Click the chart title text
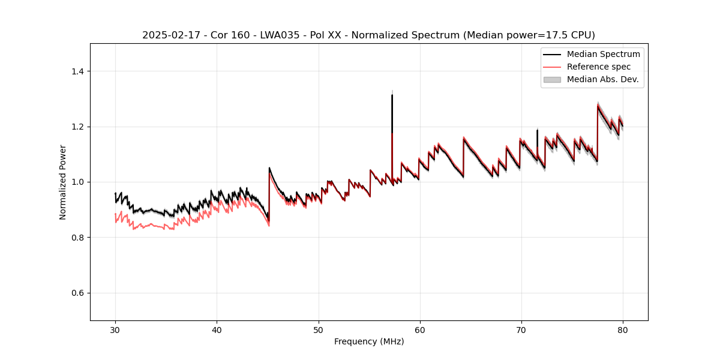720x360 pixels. click(x=368, y=35)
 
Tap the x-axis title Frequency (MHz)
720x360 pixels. click(x=369, y=341)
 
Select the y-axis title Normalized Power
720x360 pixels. click(x=63, y=182)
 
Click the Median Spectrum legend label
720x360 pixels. click(x=603, y=55)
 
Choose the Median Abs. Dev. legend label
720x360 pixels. click(x=603, y=79)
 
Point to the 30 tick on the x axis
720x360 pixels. click(x=116, y=329)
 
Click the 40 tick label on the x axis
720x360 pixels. click(x=217, y=329)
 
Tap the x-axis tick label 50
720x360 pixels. click(x=319, y=329)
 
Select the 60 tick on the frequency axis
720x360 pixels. click(x=420, y=329)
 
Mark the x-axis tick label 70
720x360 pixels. click(x=521, y=329)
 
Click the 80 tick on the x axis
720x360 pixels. click(x=623, y=329)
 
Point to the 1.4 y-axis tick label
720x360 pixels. click(x=77, y=71)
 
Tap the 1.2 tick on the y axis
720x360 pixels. click(x=77, y=127)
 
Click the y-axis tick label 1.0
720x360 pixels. click(x=77, y=182)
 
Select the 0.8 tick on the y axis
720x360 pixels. click(x=77, y=238)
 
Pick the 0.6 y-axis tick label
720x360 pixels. click(x=77, y=293)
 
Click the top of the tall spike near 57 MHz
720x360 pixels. click(x=392, y=95)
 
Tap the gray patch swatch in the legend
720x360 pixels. click(x=552, y=79)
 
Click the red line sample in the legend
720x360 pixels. click(x=552, y=67)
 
